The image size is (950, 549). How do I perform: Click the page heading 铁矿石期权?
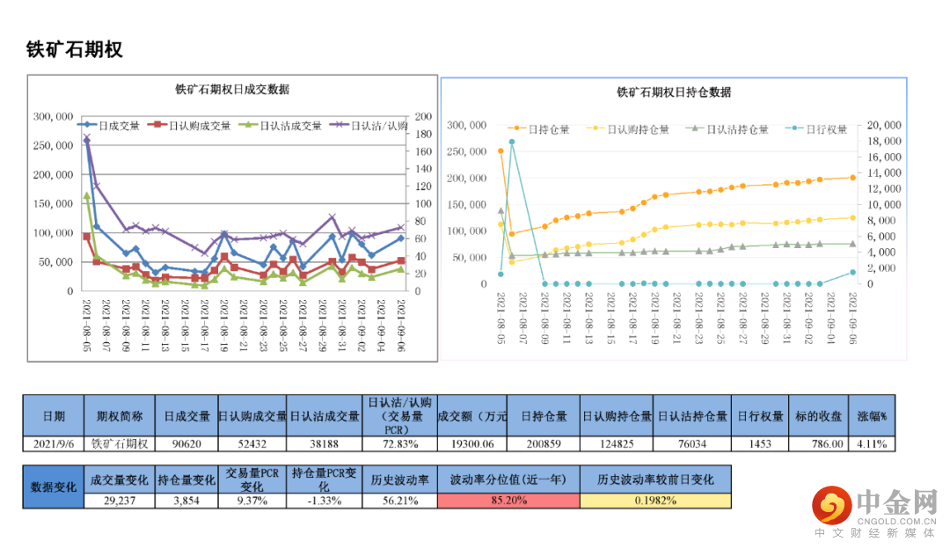point(74,49)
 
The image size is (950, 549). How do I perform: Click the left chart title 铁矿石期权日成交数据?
point(232,90)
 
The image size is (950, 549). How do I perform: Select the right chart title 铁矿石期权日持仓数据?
point(674,92)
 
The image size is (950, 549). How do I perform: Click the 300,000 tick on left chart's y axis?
point(53,116)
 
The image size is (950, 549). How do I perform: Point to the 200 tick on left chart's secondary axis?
point(422,116)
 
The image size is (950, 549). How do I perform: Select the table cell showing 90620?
point(186,443)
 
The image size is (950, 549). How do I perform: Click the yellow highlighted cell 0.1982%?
point(655,501)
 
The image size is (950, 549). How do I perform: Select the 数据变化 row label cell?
point(54,487)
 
